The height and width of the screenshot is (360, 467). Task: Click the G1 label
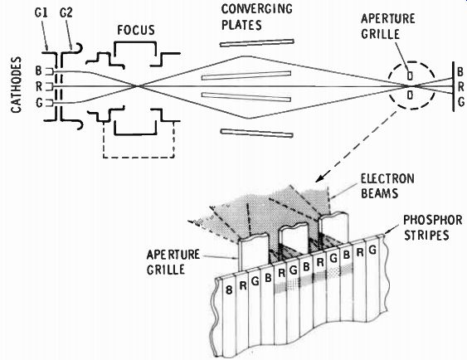41,13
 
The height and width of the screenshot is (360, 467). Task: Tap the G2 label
66,13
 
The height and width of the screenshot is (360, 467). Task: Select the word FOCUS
136,30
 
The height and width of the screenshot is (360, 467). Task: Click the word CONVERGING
257,8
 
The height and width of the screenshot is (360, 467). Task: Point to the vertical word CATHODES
17,85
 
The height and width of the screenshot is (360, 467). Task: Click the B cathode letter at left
39,71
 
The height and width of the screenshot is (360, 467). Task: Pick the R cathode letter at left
39,86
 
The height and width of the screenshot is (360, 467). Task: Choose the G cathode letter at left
39,103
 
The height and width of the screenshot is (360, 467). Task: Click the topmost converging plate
257,43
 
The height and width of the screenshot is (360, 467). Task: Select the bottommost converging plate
257,133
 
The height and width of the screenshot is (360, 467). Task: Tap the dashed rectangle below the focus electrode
139,157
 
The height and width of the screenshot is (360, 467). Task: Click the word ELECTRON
387,178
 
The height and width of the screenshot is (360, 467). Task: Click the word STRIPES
426,236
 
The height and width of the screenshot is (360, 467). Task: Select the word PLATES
241,25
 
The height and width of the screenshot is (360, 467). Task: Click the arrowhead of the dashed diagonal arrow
319,179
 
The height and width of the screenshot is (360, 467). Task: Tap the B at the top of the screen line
460,72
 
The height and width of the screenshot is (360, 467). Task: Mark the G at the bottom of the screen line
460,102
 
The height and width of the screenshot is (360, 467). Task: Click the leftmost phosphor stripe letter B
229,290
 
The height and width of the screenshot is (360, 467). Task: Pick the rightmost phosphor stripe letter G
372,250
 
